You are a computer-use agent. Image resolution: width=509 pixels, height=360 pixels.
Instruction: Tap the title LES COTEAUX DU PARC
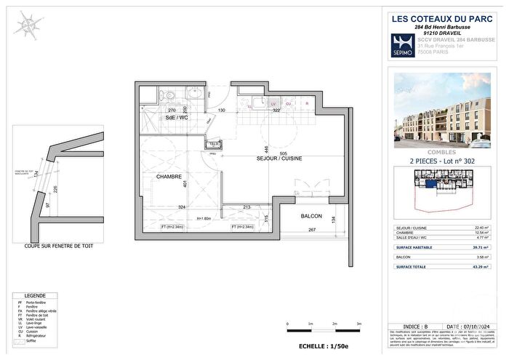444,19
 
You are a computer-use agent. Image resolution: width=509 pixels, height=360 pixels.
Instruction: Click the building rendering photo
444,108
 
